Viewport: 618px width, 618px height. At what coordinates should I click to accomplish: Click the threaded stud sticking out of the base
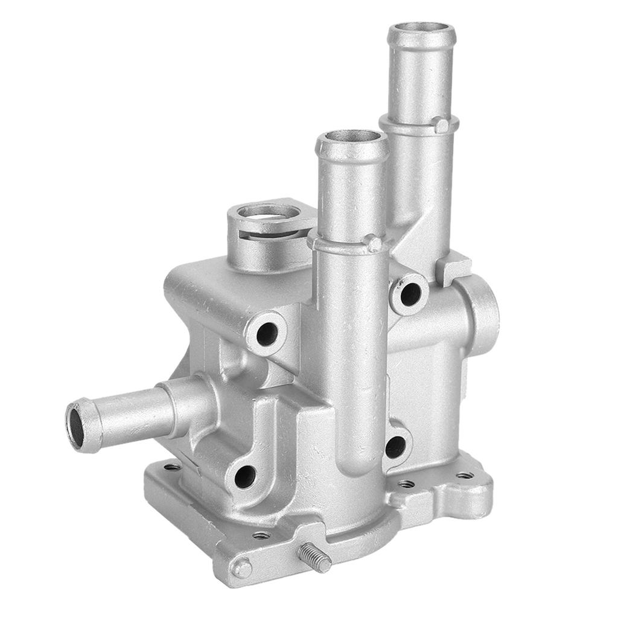(x=314, y=558)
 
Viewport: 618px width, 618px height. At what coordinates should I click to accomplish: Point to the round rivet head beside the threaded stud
(x=243, y=568)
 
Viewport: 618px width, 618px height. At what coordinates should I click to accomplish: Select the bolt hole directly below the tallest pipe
(x=411, y=294)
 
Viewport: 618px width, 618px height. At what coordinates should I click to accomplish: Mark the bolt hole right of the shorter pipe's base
(x=395, y=447)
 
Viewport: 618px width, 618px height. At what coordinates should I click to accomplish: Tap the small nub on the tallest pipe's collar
(x=442, y=126)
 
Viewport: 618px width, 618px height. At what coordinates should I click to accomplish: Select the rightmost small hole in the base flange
(x=465, y=476)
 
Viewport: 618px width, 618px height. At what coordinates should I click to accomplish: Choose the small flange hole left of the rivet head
(x=261, y=535)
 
